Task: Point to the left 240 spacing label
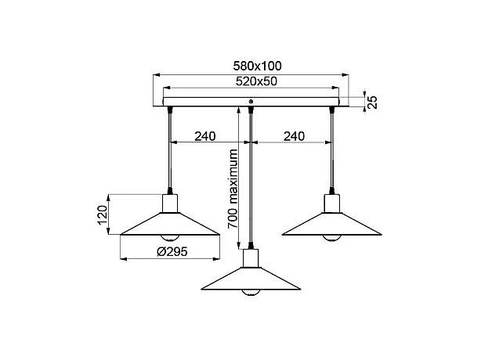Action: (204, 136)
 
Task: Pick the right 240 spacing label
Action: (294, 136)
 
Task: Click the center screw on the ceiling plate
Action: (250, 102)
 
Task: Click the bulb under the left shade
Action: (169, 237)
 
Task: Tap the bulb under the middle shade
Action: (251, 291)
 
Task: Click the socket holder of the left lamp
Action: (169, 204)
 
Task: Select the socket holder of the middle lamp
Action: (251, 257)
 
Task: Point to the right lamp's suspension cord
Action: (332, 149)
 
